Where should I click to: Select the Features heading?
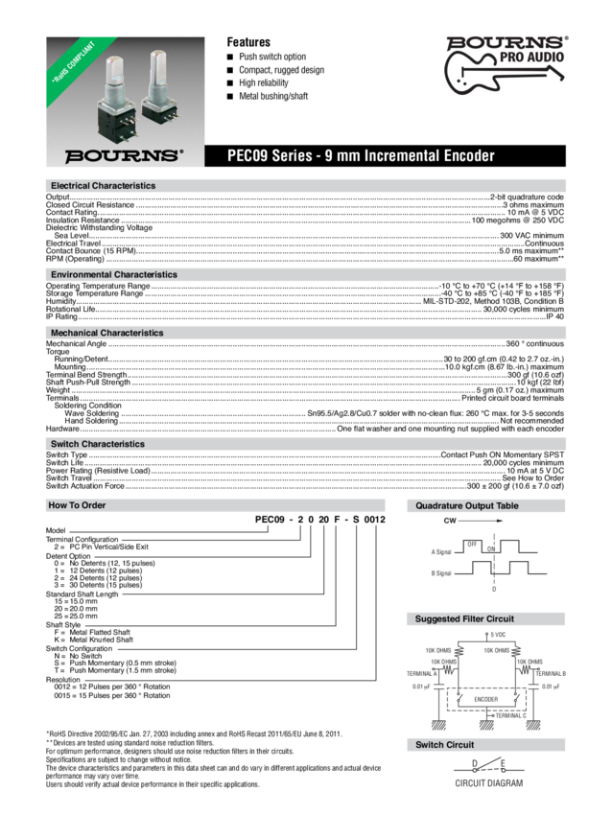tap(248, 42)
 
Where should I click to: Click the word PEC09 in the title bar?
tap(246, 155)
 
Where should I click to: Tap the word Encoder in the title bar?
tap(465, 155)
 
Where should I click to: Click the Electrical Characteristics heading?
tap(103, 185)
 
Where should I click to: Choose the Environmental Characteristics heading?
tap(113, 275)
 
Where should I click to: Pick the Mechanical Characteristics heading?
tap(106, 333)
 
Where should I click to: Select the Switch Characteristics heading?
tap(97, 445)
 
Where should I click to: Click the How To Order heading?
tap(77, 505)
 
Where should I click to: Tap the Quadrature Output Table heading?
tap(467, 505)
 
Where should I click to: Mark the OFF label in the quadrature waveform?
tap(471, 543)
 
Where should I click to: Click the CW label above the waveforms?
tap(448, 521)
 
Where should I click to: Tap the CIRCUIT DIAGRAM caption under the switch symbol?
tap(488, 783)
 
